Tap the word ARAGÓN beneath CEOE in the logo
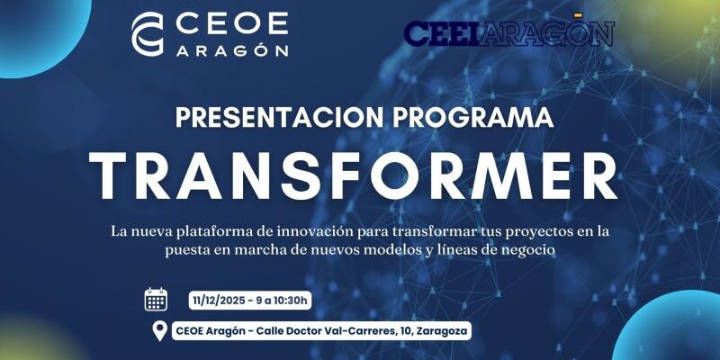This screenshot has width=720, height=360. point(231,49)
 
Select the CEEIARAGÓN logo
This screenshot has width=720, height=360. point(508,32)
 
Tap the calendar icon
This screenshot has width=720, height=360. point(156,300)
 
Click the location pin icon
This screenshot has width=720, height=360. point(160,331)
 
